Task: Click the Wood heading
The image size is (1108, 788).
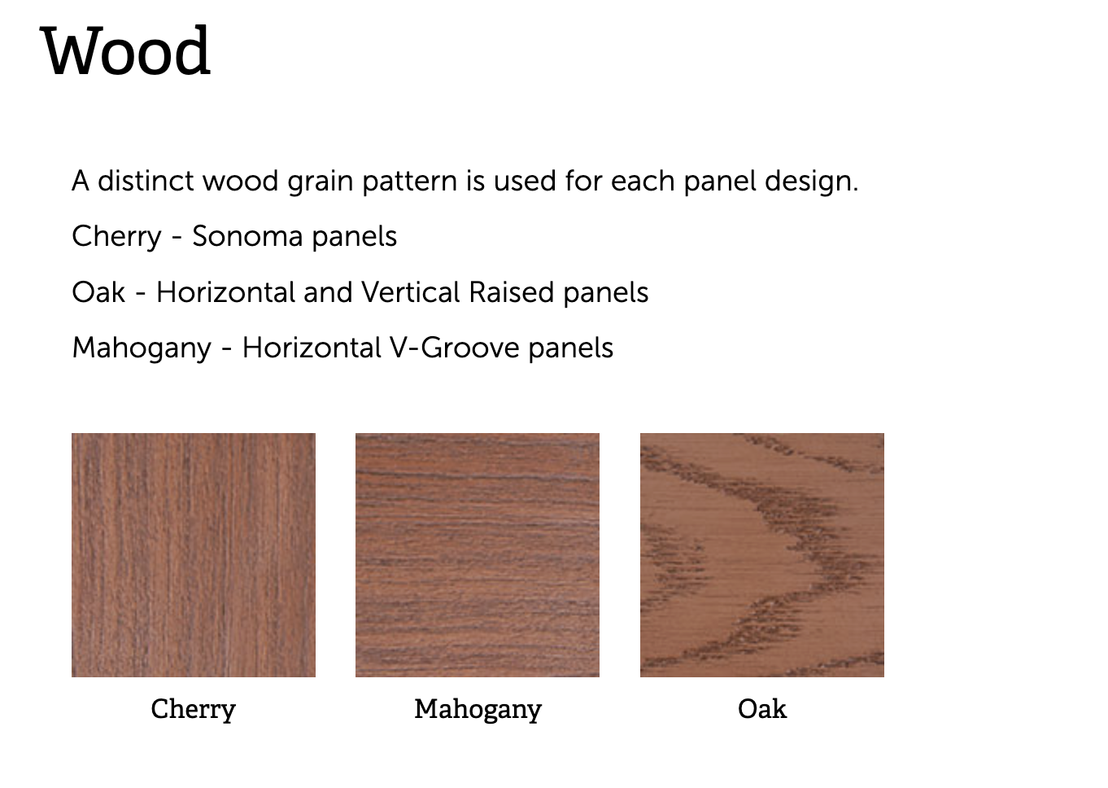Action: coord(125,50)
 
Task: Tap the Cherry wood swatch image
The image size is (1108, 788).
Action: coord(194,555)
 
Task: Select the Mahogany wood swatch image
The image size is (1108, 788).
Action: coord(478,555)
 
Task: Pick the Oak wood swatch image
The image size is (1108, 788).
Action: coord(762,555)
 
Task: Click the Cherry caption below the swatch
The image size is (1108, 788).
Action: coord(194,709)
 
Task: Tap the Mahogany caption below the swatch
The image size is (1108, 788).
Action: coord(478,709)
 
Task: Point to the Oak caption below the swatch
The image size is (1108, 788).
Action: coord(762,708)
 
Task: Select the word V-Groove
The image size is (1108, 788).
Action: coord(455,348)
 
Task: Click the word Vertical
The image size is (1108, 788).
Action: coord(411,292)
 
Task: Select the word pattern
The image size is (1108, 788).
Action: coord(409,182)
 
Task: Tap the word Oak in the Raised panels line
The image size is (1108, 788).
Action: coord(98,292)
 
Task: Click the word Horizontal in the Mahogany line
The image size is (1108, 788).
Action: coord(312,348)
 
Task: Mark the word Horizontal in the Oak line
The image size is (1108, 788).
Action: coord(226,292)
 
